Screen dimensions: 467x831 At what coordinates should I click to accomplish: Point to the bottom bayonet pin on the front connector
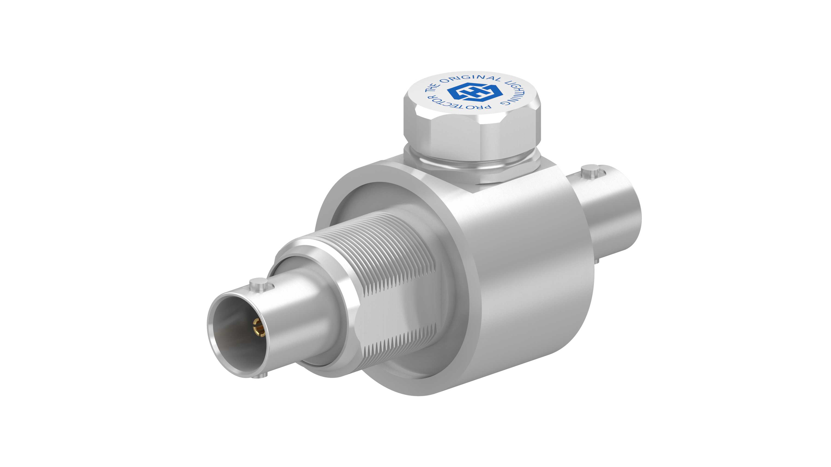(260, 375)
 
